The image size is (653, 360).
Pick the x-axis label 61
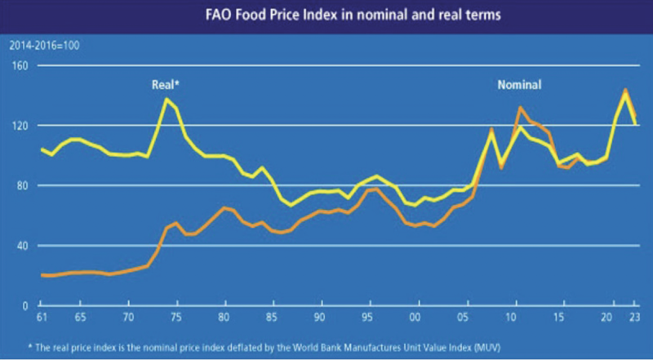click(42, 315)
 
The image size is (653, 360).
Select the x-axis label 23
click(633, 315)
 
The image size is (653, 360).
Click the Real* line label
click(165, 84)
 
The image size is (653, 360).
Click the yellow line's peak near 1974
click(167, 99)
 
